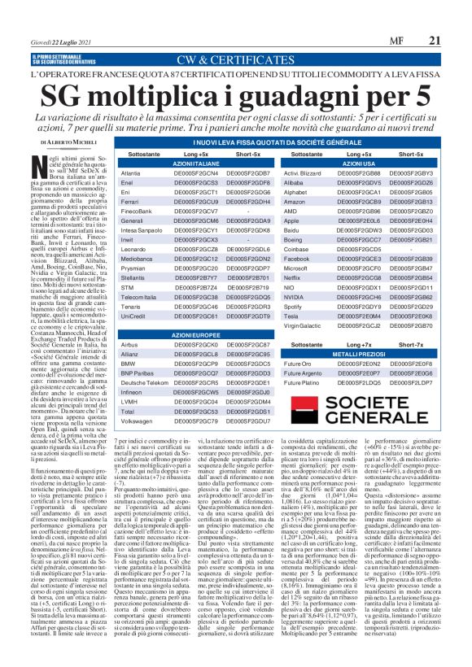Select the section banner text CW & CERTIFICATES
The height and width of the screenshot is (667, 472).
click(235, 59)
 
